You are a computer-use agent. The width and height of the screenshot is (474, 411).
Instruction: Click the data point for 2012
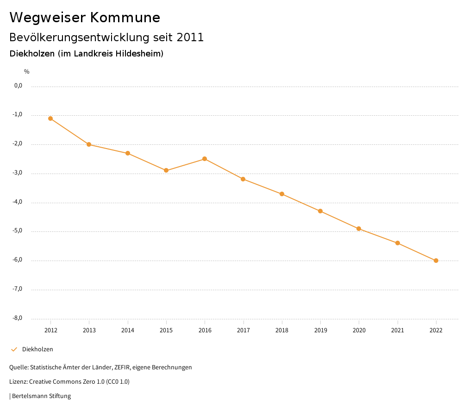[50, 118]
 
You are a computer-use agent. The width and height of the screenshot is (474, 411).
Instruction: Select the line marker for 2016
[205, 159]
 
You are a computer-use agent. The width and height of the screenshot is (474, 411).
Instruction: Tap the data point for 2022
[436, 261]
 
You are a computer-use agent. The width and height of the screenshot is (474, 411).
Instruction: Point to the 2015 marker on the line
[166, 170]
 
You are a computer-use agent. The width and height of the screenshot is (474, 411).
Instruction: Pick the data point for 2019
[320, 211]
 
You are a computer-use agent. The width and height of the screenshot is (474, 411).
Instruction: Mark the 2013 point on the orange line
[89, 144]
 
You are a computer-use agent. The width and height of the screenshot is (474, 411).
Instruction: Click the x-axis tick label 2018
[282, 330]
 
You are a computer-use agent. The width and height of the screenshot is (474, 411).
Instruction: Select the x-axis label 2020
[359, 330]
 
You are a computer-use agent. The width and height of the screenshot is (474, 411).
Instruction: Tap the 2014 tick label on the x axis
[128, 330]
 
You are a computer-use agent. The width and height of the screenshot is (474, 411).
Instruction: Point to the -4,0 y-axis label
[18, 202]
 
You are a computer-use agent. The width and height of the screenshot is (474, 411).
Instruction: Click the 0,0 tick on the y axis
[19, 86]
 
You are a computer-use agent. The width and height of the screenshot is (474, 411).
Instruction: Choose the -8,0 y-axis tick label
[18, 318]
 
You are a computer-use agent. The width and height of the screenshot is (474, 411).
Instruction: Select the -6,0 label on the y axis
[18, 260]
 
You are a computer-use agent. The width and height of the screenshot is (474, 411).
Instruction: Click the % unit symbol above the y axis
[27, 72]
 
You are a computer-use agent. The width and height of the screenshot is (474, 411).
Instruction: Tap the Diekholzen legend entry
[37, 349]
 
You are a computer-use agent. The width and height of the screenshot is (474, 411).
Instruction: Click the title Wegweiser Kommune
[85, 18]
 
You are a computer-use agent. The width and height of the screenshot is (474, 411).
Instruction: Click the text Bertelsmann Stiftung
[41, 396]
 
